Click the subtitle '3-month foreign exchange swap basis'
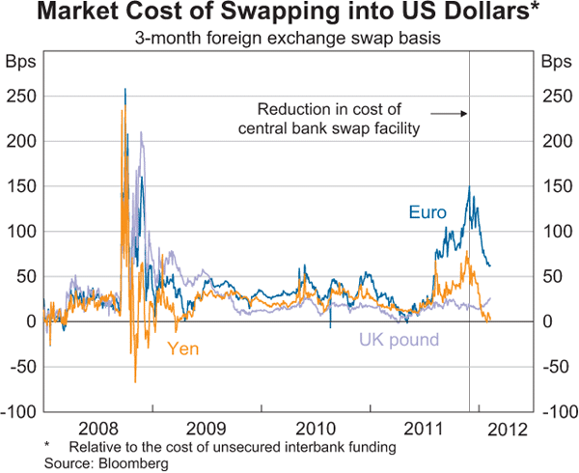pos(289,41)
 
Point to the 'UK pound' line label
pos(400,340)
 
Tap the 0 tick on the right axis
pos(545,321)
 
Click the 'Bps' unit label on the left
pos(21,64)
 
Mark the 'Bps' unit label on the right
pos(555,64)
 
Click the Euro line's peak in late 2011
pos(469,186)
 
